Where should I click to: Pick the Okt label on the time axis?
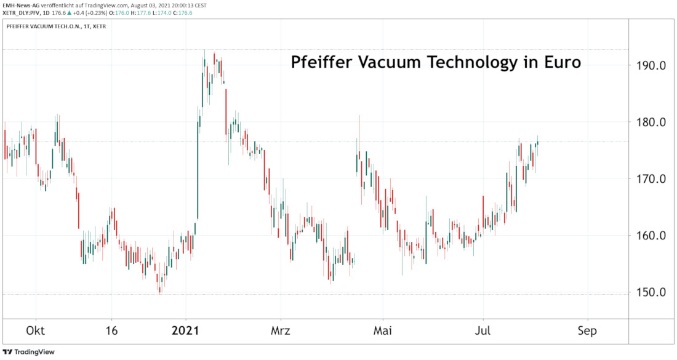point(34,330)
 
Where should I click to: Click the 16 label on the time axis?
point(111,330)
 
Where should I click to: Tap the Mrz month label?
point(281,330)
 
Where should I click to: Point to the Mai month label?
point(383,330)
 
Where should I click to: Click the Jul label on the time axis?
point(483,330)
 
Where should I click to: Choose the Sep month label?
point(587,330)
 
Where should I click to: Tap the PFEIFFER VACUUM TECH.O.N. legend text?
point(41,27)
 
